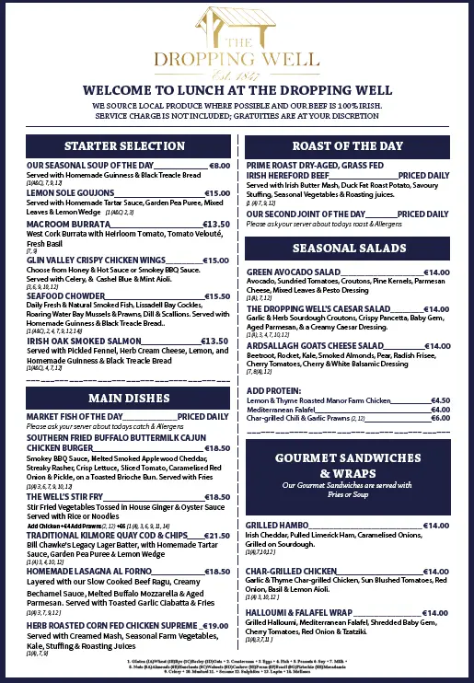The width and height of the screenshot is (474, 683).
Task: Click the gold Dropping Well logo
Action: coord(237,42)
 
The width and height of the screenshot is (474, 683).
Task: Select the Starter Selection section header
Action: coord(125,146)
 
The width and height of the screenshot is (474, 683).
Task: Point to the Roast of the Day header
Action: coord(347,146)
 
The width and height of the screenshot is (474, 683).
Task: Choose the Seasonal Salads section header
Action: coord(347,249)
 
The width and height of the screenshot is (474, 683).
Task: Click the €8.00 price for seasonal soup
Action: coord(219,166)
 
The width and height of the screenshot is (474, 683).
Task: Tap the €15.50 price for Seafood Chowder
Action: coord(216,296)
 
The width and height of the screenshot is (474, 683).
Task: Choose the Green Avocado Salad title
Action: coord(294,272)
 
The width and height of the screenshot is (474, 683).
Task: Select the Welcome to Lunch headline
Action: coord(237,91)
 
